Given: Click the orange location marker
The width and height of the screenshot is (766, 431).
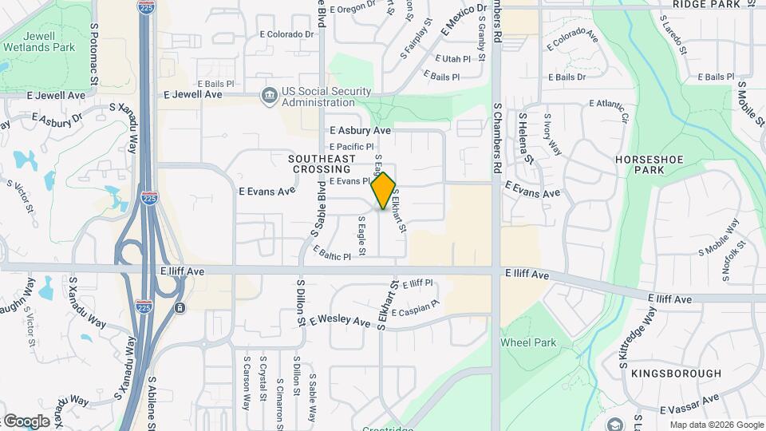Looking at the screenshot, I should coord(384,190).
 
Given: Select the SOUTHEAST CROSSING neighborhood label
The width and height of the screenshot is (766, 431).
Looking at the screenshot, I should coord(321,164).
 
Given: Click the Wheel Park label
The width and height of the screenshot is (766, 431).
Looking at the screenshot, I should coord(528,342).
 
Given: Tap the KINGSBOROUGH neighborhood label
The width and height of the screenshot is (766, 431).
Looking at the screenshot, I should coord(676,373).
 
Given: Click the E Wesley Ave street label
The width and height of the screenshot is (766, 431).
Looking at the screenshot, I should coord(341,321).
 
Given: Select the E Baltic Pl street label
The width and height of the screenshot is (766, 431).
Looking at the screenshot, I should coord(332,255).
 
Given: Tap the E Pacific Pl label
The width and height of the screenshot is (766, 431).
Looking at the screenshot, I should coord(352,147).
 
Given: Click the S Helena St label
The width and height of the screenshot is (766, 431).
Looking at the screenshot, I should coord(526,137).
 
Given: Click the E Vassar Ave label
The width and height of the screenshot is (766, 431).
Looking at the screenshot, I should coord(690,404).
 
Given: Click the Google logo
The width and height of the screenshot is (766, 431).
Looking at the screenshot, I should coord(26,421).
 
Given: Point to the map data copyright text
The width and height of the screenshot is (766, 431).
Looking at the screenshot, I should coord(715,425).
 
